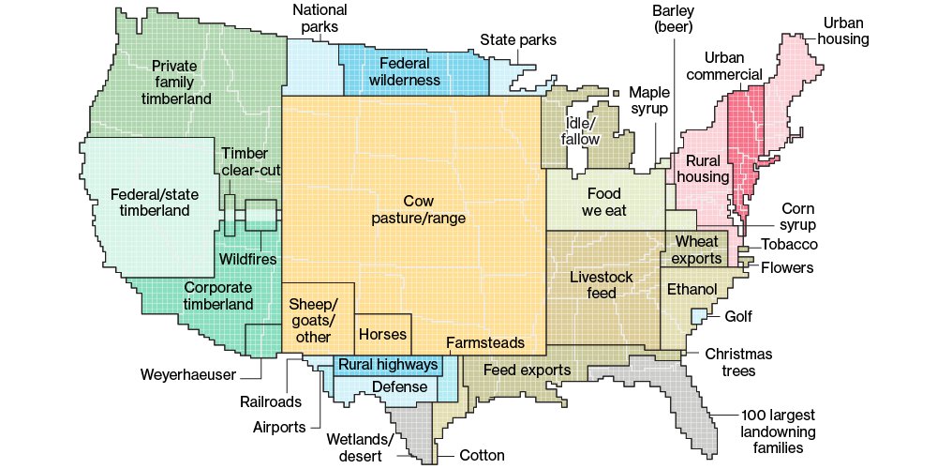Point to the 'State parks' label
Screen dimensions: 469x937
pyautogui.click(x=518, y=40)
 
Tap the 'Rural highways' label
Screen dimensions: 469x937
pyautogui.click(x=388, y=364)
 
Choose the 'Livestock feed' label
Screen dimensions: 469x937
pyautogui.click(x=602, y=284)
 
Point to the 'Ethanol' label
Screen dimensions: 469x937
pyautogui.click(x=691, y=288)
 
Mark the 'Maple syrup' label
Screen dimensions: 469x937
pyautogui.click(x=647, y=100)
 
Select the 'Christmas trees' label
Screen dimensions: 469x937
pyautogui.click(x=738, y=362)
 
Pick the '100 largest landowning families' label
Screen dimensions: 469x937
pyautogui.click(x=777, y=432)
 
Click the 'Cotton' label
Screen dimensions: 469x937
pyautogui.click(x=482, y=456)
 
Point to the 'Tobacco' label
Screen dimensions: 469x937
pyautogui.click(x=789, y=245)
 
